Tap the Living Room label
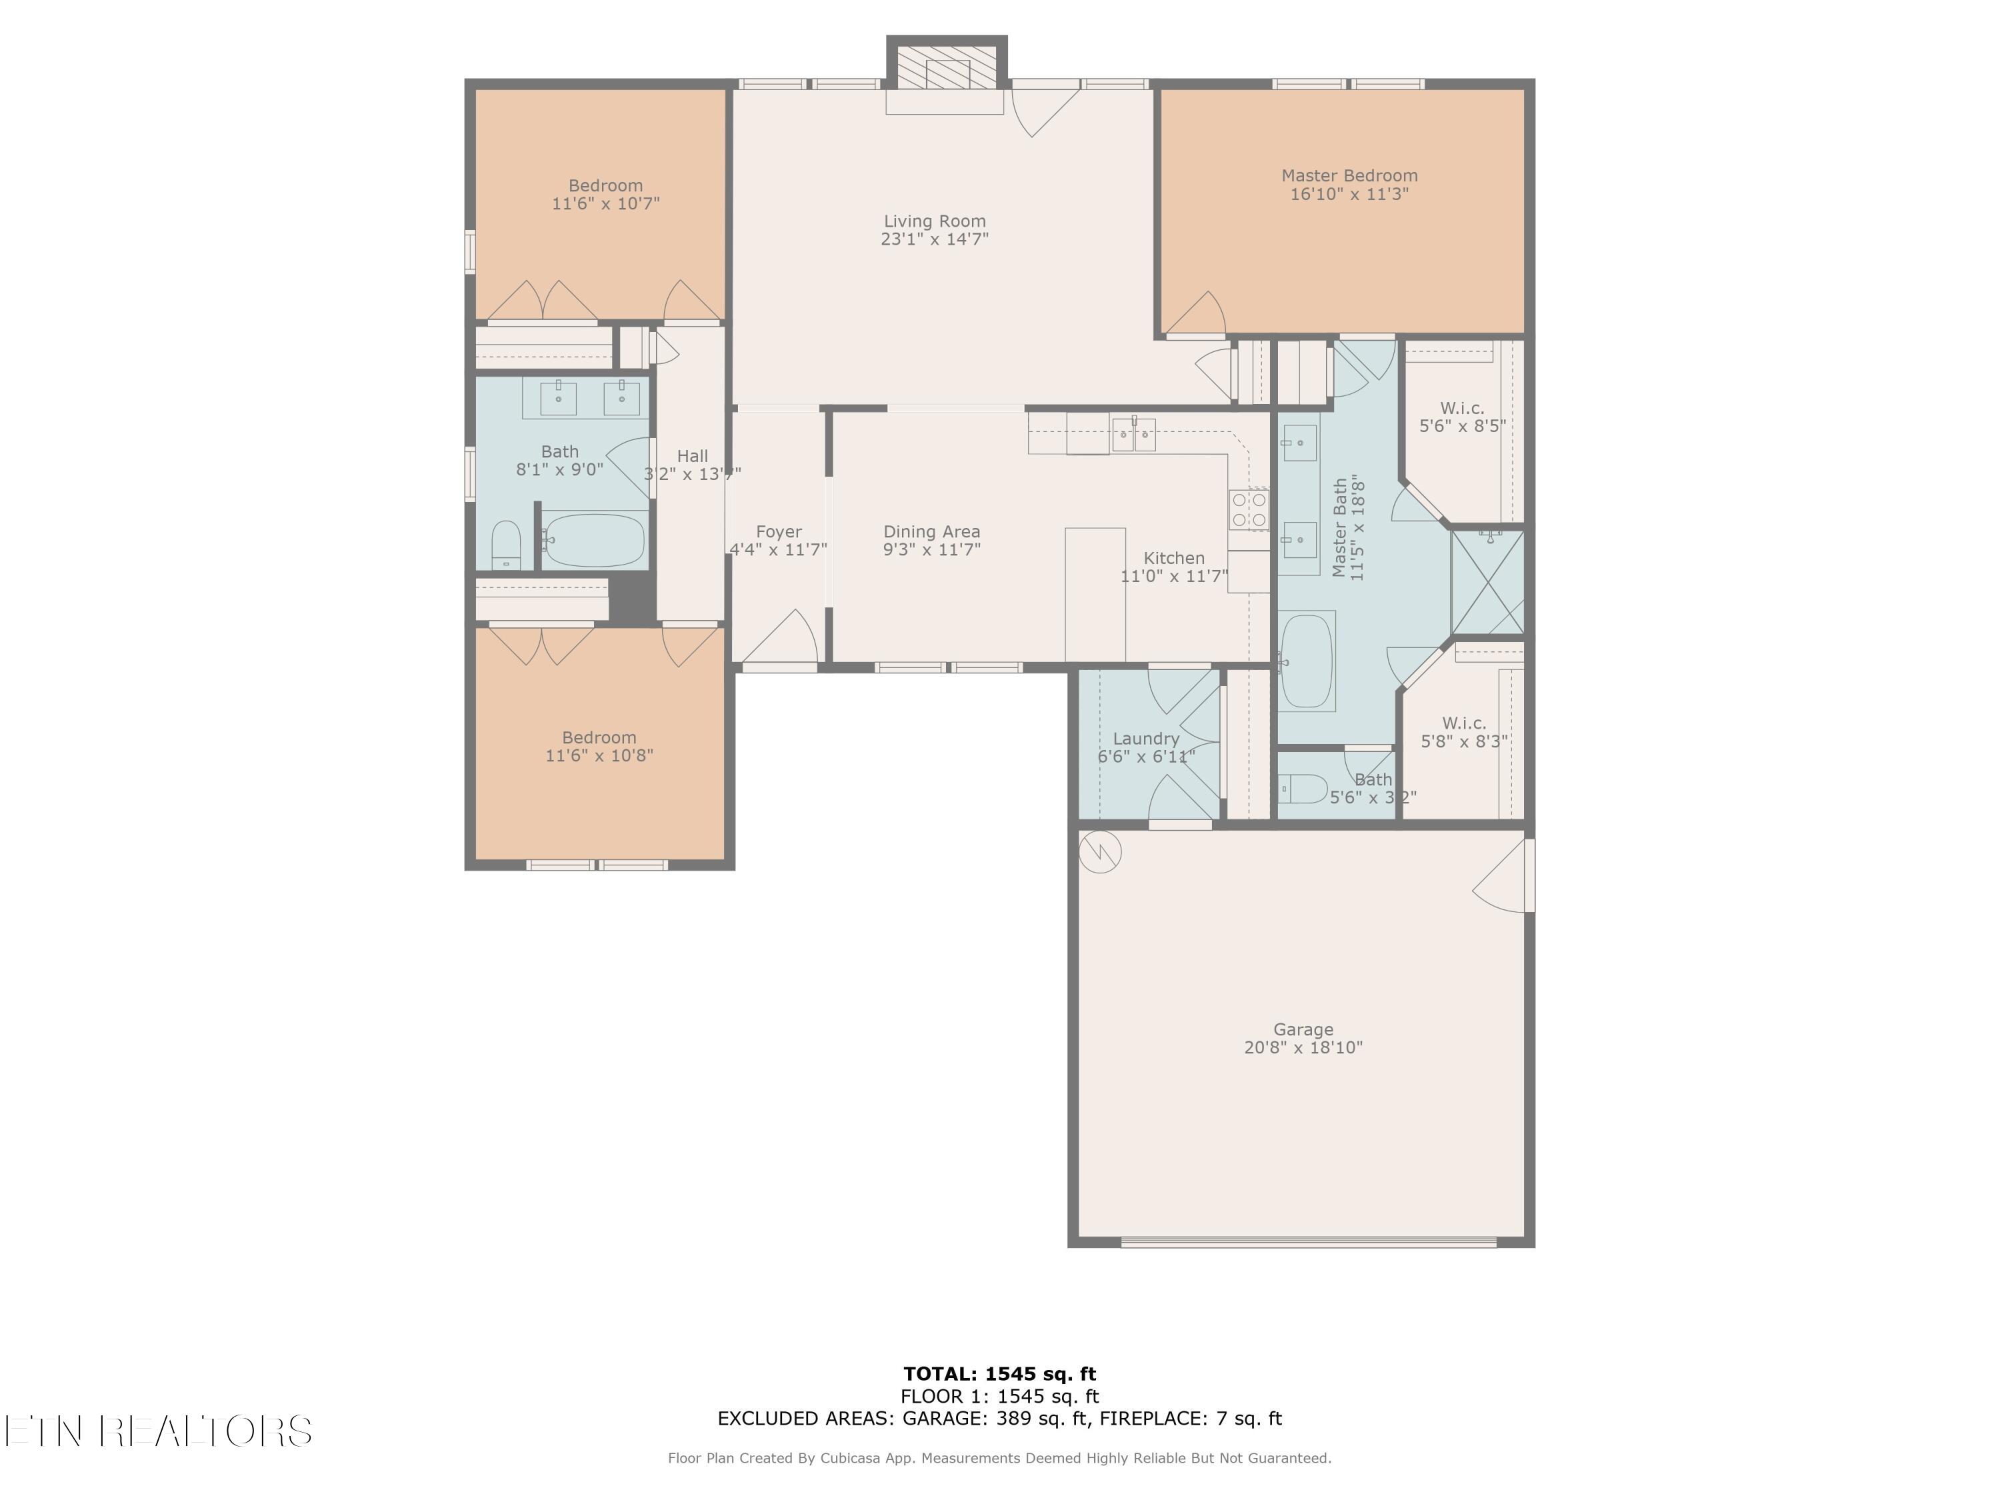[x=934, y=221]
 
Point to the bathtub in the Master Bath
[x=1307, y=661]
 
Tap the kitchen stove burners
[x=1249, y=509]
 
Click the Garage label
[x=1303, y=1029]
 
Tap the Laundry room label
[x=1145, y=739]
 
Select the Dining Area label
[x=931, y=531]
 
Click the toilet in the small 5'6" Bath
[x=1302, y=789]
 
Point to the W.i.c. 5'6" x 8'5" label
[x=1462, y=417]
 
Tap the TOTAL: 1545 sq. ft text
[x=999, y=1374]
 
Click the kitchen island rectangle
[x=1095, y=594]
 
